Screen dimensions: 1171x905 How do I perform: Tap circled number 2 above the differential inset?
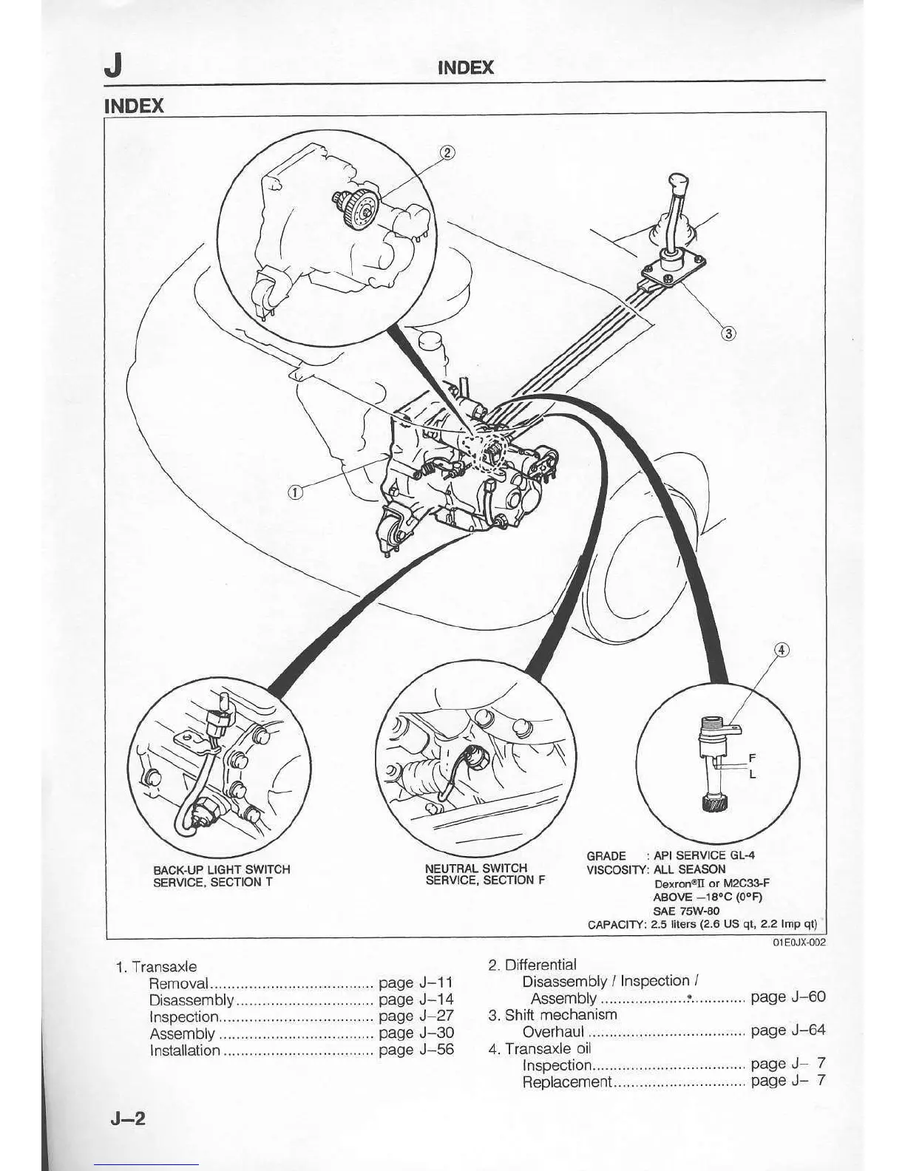point(448,153)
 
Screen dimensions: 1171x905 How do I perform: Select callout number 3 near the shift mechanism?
point(728,333)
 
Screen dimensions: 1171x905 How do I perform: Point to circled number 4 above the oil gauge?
point(781,650)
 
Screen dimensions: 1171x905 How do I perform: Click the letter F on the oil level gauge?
point(752,758)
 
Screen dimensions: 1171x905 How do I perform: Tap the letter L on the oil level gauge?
point(752,775)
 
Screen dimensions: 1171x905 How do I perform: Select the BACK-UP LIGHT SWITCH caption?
point(221,869)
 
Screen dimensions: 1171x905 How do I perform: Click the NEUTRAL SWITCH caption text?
point(476,868)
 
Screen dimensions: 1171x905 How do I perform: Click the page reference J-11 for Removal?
point(416,983)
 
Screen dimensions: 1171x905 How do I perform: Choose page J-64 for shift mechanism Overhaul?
point(787,1031)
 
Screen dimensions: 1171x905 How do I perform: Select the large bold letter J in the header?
point(113,67)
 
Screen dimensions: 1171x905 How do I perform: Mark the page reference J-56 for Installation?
point(416,1050)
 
